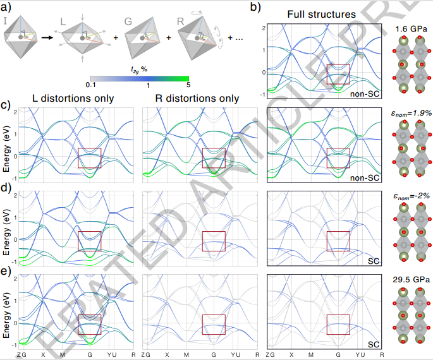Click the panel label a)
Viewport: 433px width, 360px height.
pyautogui.click(x=6, y=7)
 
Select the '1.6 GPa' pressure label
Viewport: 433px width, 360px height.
pyautogui.click(x=409, y=29)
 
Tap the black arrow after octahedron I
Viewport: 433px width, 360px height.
pyautogui.click(x=46, y=38)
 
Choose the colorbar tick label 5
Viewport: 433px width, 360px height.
pyautogui.click(x=188, y=85)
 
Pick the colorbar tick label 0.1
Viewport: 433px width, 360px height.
pyautogui.click(x=91, y=85)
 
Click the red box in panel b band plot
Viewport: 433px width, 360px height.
pyautogui.click(x=338, y=74)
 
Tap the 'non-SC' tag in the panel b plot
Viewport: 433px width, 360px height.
pyautogui.click(x=365, y=93)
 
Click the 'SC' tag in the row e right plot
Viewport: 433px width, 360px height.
pyautogui.click(x=372, y=344)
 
